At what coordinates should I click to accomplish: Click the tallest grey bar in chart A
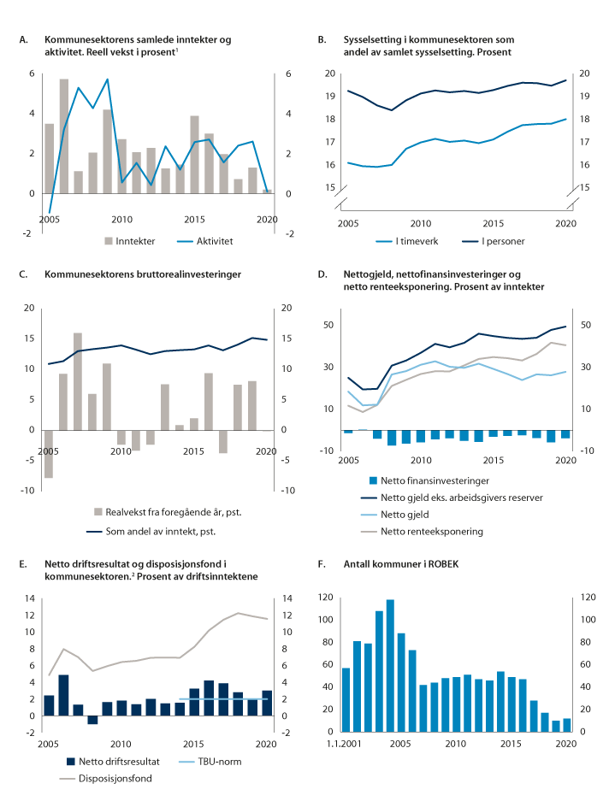[64, 136]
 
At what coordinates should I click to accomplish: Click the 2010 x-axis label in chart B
[419, 222]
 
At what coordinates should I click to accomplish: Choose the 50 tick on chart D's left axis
[327, 326]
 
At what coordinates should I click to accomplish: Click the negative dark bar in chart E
[92, 720]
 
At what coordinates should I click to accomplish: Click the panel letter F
[321, 565]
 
